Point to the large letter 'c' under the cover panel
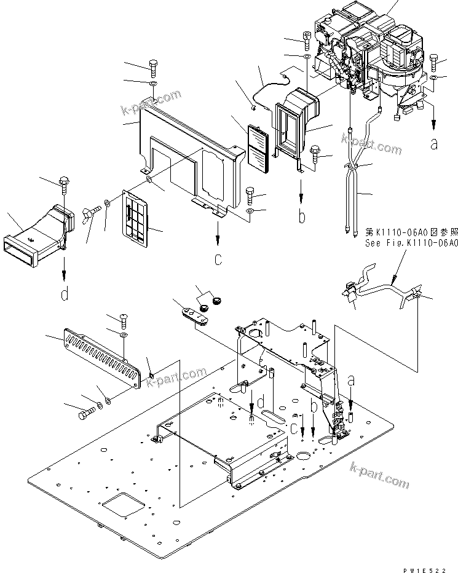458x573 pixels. (x=218, y=260)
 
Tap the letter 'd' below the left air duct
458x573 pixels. (x=65, y=295)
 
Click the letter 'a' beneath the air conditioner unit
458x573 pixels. (x=434, y=144)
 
